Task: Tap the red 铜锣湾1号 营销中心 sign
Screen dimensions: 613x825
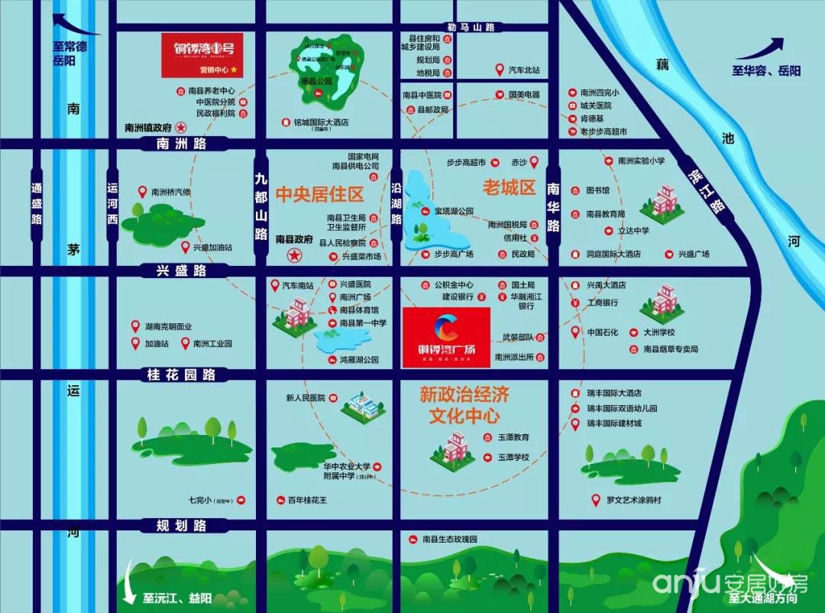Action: pyautogui.click(x=202, y=54)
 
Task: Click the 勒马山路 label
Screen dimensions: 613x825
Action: pyautogui.click(x=471, y=28)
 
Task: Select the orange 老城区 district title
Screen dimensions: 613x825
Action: pyautogui.click(x=509, y=187)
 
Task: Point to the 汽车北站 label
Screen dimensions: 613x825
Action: pyautogui.click(x=524, y=70)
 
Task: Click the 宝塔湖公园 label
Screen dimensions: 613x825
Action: pyautogui.click(x=454, y=211)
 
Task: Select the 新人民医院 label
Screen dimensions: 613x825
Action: pyautogui.click(x=306, y=397)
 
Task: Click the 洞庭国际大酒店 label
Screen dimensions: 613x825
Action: pyautogui.click(x=613, y=254)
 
